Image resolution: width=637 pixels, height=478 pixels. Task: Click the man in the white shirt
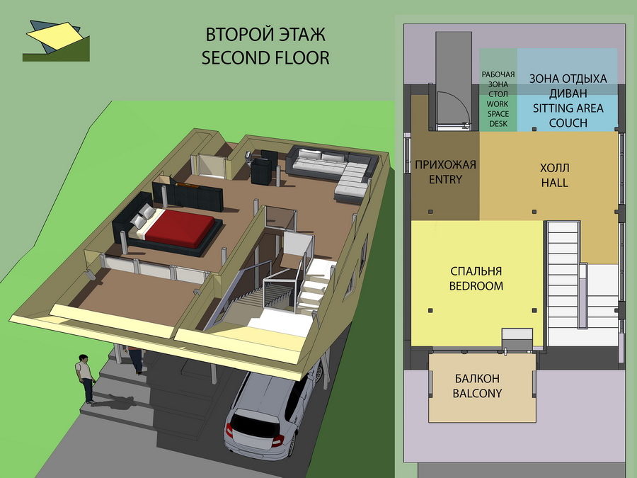click(86, 378)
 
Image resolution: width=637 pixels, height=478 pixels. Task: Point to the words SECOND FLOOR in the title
click(265, 58)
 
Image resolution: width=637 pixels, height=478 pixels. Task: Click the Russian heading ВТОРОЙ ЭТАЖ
click(265, 35)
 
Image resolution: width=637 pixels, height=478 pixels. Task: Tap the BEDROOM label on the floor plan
click(476, 286)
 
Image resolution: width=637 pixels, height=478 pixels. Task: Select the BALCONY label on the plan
click(477, 394)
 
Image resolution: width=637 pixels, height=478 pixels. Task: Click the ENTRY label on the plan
click(445, 179)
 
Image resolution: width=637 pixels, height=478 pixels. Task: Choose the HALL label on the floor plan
click(554, 183)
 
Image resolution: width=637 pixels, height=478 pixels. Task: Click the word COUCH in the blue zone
click(568, 123)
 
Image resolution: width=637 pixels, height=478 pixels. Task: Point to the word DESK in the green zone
click(498, 123)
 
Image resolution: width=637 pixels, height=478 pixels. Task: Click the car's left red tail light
click(229, 430)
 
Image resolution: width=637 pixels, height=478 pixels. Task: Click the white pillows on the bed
click(142, 215)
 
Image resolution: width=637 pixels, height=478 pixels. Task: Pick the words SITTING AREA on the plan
click(568, 108)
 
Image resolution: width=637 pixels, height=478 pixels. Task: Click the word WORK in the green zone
click(498, 104)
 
